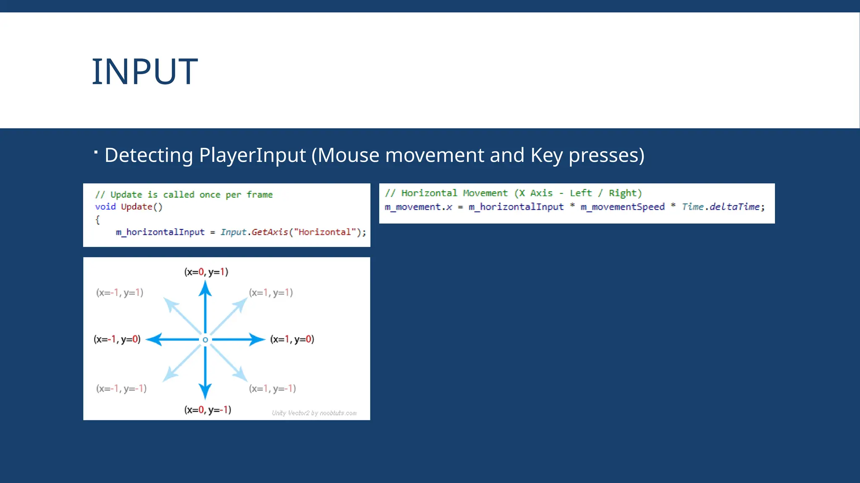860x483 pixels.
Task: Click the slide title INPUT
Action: click(144, 72)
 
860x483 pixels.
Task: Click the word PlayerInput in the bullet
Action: click(252, 155)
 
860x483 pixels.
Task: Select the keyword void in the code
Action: click(105, 207)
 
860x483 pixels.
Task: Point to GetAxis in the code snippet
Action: click(270, 232)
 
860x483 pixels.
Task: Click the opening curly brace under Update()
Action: click(97, 220)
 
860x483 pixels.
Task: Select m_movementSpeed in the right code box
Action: click(622, 207)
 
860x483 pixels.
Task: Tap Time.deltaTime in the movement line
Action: click(721, 207)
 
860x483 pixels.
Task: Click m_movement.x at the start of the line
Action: click(418, 207)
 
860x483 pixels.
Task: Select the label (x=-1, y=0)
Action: click(117, 339)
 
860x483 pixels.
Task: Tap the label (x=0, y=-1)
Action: click(207, 410)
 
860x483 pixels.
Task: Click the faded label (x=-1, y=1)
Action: click(120, 293)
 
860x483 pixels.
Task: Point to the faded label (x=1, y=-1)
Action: click(272, 389)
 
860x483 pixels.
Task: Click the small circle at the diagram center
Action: click(205, 340)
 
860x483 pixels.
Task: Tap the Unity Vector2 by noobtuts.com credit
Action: click(314, 413)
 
